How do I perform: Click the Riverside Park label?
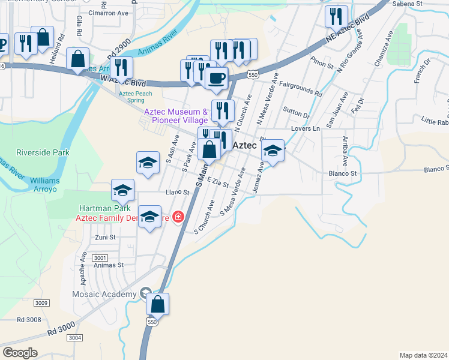click(x=43, y=152)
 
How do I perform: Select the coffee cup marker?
click(x=216, y=77)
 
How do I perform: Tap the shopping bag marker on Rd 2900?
click(x=78, y=59)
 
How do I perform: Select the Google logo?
click(x=20, y=353)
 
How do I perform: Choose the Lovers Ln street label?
click(x=305, y=128)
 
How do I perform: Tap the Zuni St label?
click(x=104, y=238)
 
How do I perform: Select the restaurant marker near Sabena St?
click(x=336, y=16)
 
